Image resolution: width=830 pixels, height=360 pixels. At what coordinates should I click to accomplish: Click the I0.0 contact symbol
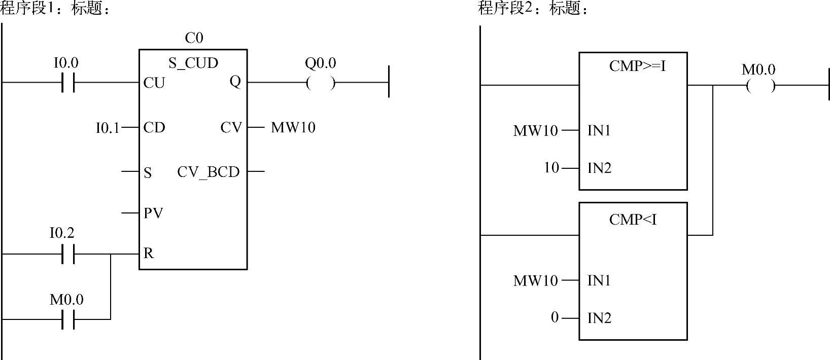67,82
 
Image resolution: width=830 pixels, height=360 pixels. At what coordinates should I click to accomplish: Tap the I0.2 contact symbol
67,254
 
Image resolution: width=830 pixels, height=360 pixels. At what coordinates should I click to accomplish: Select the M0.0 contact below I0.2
67,319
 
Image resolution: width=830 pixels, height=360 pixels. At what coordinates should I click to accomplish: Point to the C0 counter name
194,38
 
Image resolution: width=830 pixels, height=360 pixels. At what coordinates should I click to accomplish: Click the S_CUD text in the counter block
193,63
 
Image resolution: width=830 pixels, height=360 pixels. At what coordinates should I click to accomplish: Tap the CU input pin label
154,83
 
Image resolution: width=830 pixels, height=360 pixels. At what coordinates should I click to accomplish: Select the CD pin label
154,127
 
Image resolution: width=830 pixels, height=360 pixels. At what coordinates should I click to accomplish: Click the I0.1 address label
107,128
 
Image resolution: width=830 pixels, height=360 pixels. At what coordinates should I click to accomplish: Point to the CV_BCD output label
208,172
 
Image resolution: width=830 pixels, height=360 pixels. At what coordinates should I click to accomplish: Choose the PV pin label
153,213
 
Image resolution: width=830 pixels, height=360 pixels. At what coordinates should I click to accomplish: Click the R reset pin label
148,254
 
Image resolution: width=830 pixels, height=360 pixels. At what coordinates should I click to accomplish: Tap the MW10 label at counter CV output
293,127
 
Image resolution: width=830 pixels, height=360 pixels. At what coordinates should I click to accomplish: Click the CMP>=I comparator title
637,66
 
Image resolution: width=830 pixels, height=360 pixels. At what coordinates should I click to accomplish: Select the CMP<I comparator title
633,220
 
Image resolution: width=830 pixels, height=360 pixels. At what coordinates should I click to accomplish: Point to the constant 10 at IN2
551,167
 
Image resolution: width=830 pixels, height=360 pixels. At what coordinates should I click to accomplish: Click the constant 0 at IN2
555,317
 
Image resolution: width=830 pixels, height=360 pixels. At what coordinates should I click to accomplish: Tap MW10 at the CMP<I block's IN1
535,280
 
